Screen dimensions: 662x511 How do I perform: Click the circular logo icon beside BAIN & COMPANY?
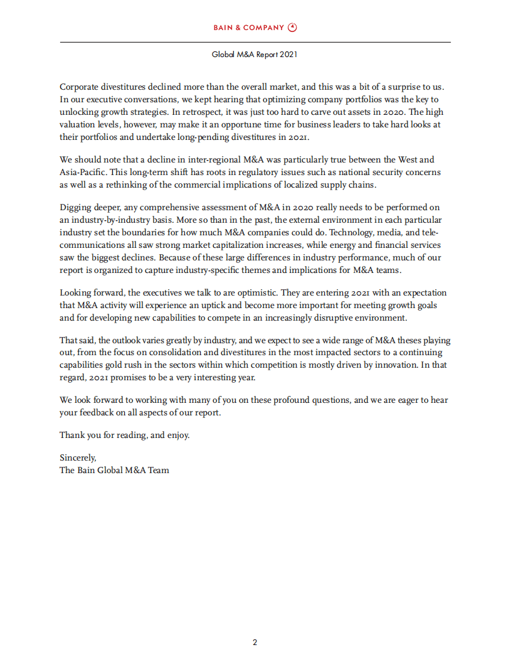point(292,27)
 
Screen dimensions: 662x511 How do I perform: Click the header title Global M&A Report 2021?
point(255,55)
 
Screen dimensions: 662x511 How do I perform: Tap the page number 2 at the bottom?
point(255,642)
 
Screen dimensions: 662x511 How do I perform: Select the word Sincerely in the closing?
point(78,458)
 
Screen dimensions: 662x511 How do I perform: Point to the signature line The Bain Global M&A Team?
point(114,470)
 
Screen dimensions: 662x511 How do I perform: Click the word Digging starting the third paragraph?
point(77,207)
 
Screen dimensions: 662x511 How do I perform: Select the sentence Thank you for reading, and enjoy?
point(124,435)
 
